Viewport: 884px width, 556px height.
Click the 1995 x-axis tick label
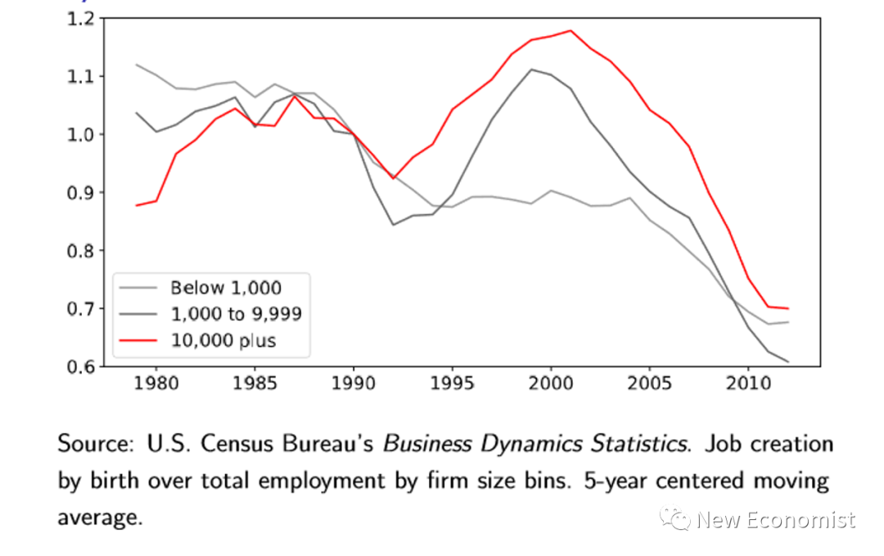tap(452, 383)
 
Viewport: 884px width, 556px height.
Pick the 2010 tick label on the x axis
tap(747, 383)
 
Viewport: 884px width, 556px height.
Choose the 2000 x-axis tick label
tap(551, 383)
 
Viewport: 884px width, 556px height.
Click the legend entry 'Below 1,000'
tap(225, 288)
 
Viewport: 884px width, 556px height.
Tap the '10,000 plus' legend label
tap(223, 341)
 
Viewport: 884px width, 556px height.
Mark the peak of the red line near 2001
tap(571, 31)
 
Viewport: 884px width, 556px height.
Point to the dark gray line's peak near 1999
tap(531, 69)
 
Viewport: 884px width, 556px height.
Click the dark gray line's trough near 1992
tap(393, 224)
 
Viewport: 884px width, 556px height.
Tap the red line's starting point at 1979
tap(137, 205)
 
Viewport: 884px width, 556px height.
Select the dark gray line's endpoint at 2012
tap(787, 361)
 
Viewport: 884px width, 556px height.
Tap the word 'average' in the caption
tap(97, 517)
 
